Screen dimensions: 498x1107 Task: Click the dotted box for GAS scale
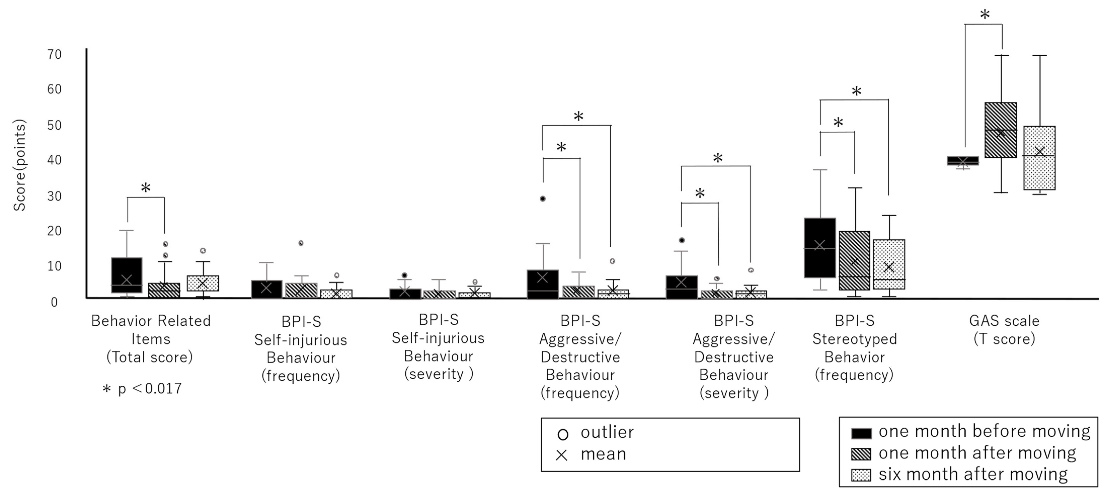click(1039, 158)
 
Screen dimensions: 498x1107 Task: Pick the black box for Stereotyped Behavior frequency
click(820, 248)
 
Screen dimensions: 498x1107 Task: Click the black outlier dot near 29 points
click(543, 199)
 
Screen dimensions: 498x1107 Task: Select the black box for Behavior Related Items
click(127, 275)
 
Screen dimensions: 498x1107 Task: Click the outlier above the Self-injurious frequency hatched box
click(301, 243)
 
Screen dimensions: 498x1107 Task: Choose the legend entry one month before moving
click(984, 431)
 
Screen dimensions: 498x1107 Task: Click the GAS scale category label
click(1004, 330)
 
